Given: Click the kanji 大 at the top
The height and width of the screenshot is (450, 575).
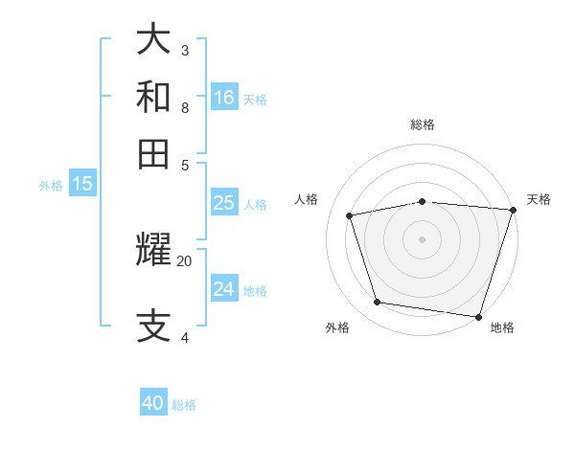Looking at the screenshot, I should (x=154, y=39).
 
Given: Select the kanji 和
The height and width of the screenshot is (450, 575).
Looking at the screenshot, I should (x=154, y=97).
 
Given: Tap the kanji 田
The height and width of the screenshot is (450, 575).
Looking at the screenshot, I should (x=154, y=153).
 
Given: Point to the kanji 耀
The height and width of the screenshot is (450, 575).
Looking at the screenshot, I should (x=154, y=250).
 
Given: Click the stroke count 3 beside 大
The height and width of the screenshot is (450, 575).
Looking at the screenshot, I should (x=185, y=50).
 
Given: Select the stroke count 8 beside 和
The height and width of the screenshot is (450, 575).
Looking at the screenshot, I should (x=185, y=107).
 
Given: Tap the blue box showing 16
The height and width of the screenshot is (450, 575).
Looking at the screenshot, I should (x=224, y=97).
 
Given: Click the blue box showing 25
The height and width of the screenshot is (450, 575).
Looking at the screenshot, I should (x=223, y=203).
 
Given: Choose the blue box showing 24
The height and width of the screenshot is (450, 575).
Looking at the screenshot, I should (x=223, y=289).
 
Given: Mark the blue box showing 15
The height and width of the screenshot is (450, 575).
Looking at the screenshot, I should (x=82, y=184).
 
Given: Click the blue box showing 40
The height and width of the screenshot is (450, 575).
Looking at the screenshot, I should (x=153, y=403).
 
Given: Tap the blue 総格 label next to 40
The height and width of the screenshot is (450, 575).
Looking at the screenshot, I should (x=185, y=405).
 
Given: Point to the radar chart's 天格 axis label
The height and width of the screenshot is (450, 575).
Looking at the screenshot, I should (x=539, y=199).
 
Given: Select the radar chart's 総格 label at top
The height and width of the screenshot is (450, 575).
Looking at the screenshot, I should (x=423, y=124).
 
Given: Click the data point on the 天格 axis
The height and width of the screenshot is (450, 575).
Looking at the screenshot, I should (x=513, y=210).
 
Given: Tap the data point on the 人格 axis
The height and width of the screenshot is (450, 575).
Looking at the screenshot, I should (x=350, y=215).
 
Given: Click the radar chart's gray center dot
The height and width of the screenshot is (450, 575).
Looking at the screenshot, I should (x=422, y=238).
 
